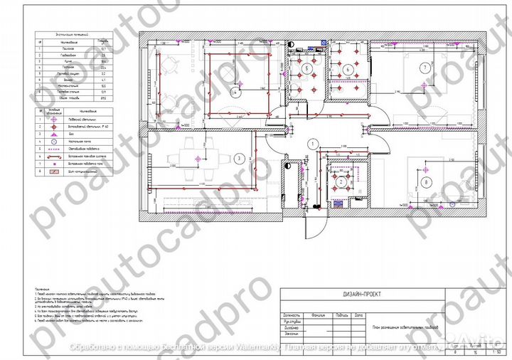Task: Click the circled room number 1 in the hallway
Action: click(312, 143)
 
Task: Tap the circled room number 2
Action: click(341, 182)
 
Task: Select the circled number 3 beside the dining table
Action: click(240, 158)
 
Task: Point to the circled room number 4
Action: click(235, 92)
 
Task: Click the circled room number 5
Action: click(307, 68)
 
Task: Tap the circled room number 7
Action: click(425, 68)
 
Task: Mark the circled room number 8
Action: click(425, 183)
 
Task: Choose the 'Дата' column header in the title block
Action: click(358, 314)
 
